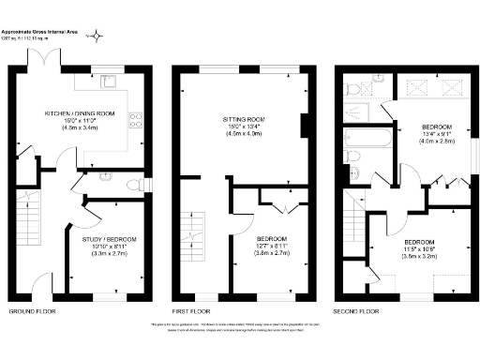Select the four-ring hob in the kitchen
137,119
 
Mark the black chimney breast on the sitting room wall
303,125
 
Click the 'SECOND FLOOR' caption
356,310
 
